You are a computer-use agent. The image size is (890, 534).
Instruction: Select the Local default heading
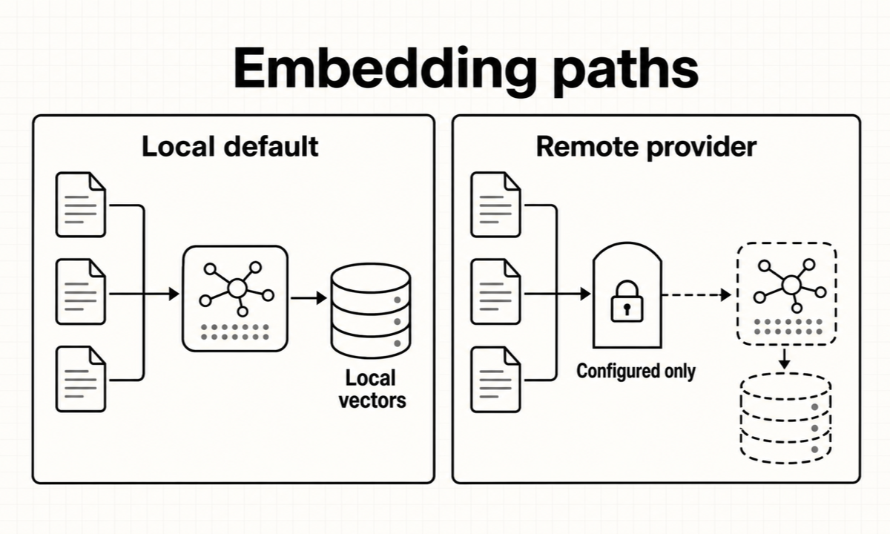click(230, 147)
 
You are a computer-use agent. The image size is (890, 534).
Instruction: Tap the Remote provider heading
click(647, 148)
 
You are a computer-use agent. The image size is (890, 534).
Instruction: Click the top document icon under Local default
click(81, 205)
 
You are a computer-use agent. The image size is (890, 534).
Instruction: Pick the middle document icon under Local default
click(81, 291)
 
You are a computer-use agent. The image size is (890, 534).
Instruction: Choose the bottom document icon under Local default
click(81, 379)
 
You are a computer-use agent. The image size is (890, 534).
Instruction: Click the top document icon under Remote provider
click(495, 205)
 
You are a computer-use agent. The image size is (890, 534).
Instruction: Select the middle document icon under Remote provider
click(495, 291)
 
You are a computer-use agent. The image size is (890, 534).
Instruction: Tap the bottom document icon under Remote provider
click(495, 379)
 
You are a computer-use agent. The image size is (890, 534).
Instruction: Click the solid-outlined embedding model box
click(235, 299)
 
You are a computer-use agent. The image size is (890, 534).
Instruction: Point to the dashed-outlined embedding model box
click(787, 294)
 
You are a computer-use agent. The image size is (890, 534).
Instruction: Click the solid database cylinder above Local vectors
click(371, 311)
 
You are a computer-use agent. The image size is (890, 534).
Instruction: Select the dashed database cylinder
click(786, 418)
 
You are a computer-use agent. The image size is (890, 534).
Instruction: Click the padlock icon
click(627, 301)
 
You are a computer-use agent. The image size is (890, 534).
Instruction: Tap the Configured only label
click(636, 371)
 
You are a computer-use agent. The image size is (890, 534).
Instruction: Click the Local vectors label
click(372, 389)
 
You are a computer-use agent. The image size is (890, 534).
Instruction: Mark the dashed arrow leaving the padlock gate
click(696, 295)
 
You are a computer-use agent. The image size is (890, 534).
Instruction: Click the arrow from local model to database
click(309, 298)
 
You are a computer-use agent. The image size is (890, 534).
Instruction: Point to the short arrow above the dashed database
click(785, 359)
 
